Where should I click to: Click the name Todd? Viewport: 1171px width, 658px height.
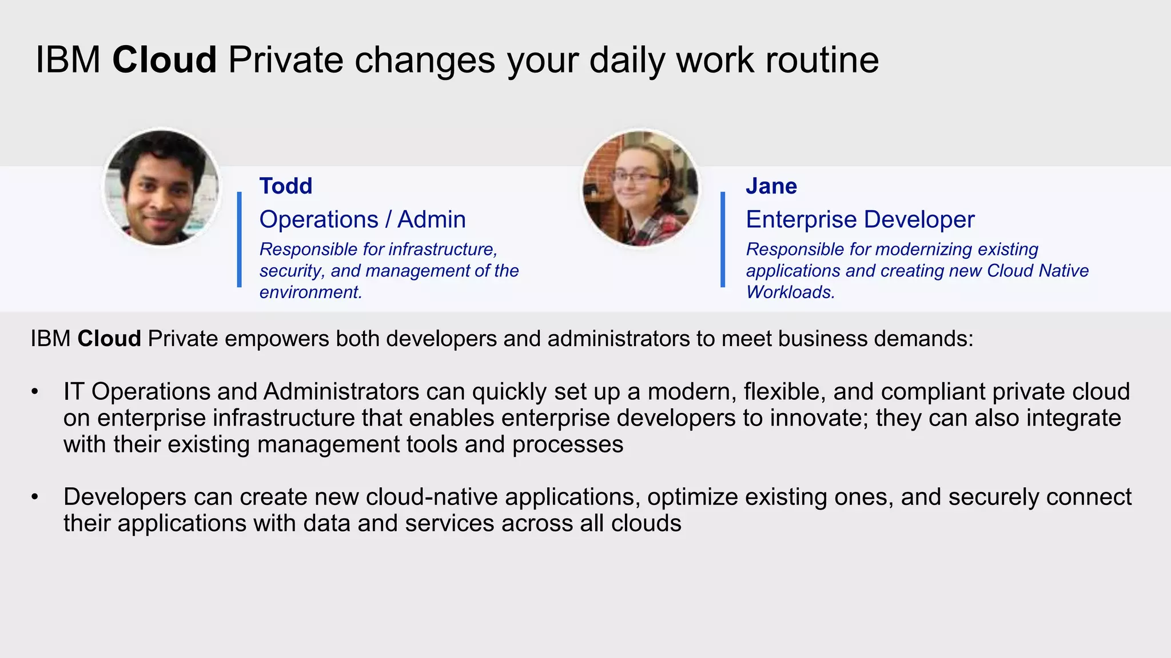click(x=285, y=186)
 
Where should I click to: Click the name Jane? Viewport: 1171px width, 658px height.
click(x=771, y=186)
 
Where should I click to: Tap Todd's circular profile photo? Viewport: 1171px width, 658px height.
click(x=161, y=188)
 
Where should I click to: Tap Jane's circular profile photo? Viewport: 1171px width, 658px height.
click(x=640, y=188)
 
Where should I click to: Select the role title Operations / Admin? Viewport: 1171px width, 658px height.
click(x=362, y=219)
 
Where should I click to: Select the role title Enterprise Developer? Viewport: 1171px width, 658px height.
click(x=859, y=219)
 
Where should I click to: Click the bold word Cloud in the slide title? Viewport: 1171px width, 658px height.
click(x=164, y=59)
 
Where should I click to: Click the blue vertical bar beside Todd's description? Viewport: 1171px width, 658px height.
click(x=240, y=239)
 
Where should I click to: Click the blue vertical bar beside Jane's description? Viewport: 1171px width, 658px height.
click(x=723, y=239)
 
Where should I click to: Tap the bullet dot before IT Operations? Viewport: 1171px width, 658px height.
click(x=35, y=392)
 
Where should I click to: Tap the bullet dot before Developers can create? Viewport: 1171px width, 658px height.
click(x=35, y=497)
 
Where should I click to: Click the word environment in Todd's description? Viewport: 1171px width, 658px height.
click(x=309, y=292)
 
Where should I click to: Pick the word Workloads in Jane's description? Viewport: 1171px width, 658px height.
click(x=790, y=292)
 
